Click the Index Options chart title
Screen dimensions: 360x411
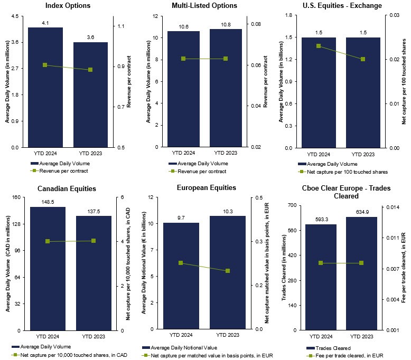(68, 6)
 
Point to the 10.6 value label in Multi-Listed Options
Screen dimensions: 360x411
(183, 26)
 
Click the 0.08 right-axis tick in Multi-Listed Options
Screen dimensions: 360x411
(255, 24)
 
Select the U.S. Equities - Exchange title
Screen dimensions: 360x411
(342, 6)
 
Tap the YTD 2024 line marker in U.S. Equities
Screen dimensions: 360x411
(319, 46)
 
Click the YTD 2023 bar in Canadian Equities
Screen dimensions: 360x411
(94, 273)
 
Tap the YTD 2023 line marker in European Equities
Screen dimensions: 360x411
(228, 271)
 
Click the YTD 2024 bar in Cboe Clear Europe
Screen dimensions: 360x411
(321, 277)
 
